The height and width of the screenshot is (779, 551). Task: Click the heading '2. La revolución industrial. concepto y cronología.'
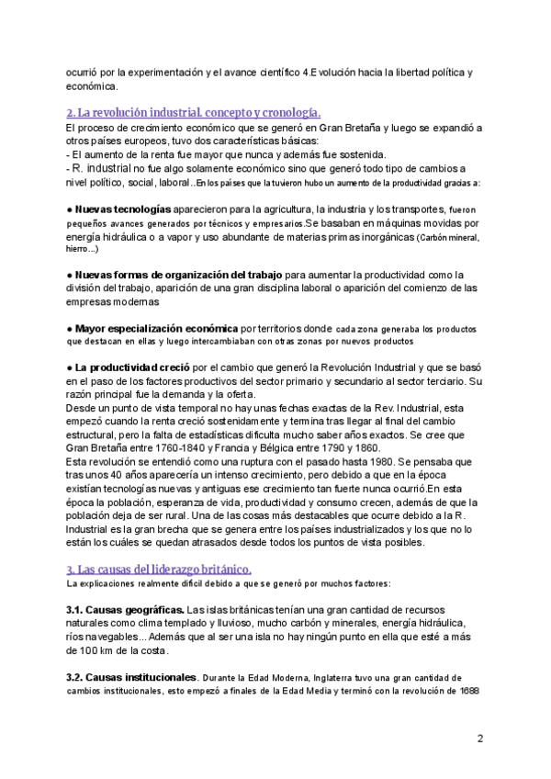click(194, 112)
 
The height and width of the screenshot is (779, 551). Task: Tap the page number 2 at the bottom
click(480, 738)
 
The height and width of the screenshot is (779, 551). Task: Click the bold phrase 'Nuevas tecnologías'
click(122, 209)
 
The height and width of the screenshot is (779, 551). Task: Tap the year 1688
click(470, 691)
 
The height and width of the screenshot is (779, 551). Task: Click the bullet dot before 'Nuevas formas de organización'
click(70, 275)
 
